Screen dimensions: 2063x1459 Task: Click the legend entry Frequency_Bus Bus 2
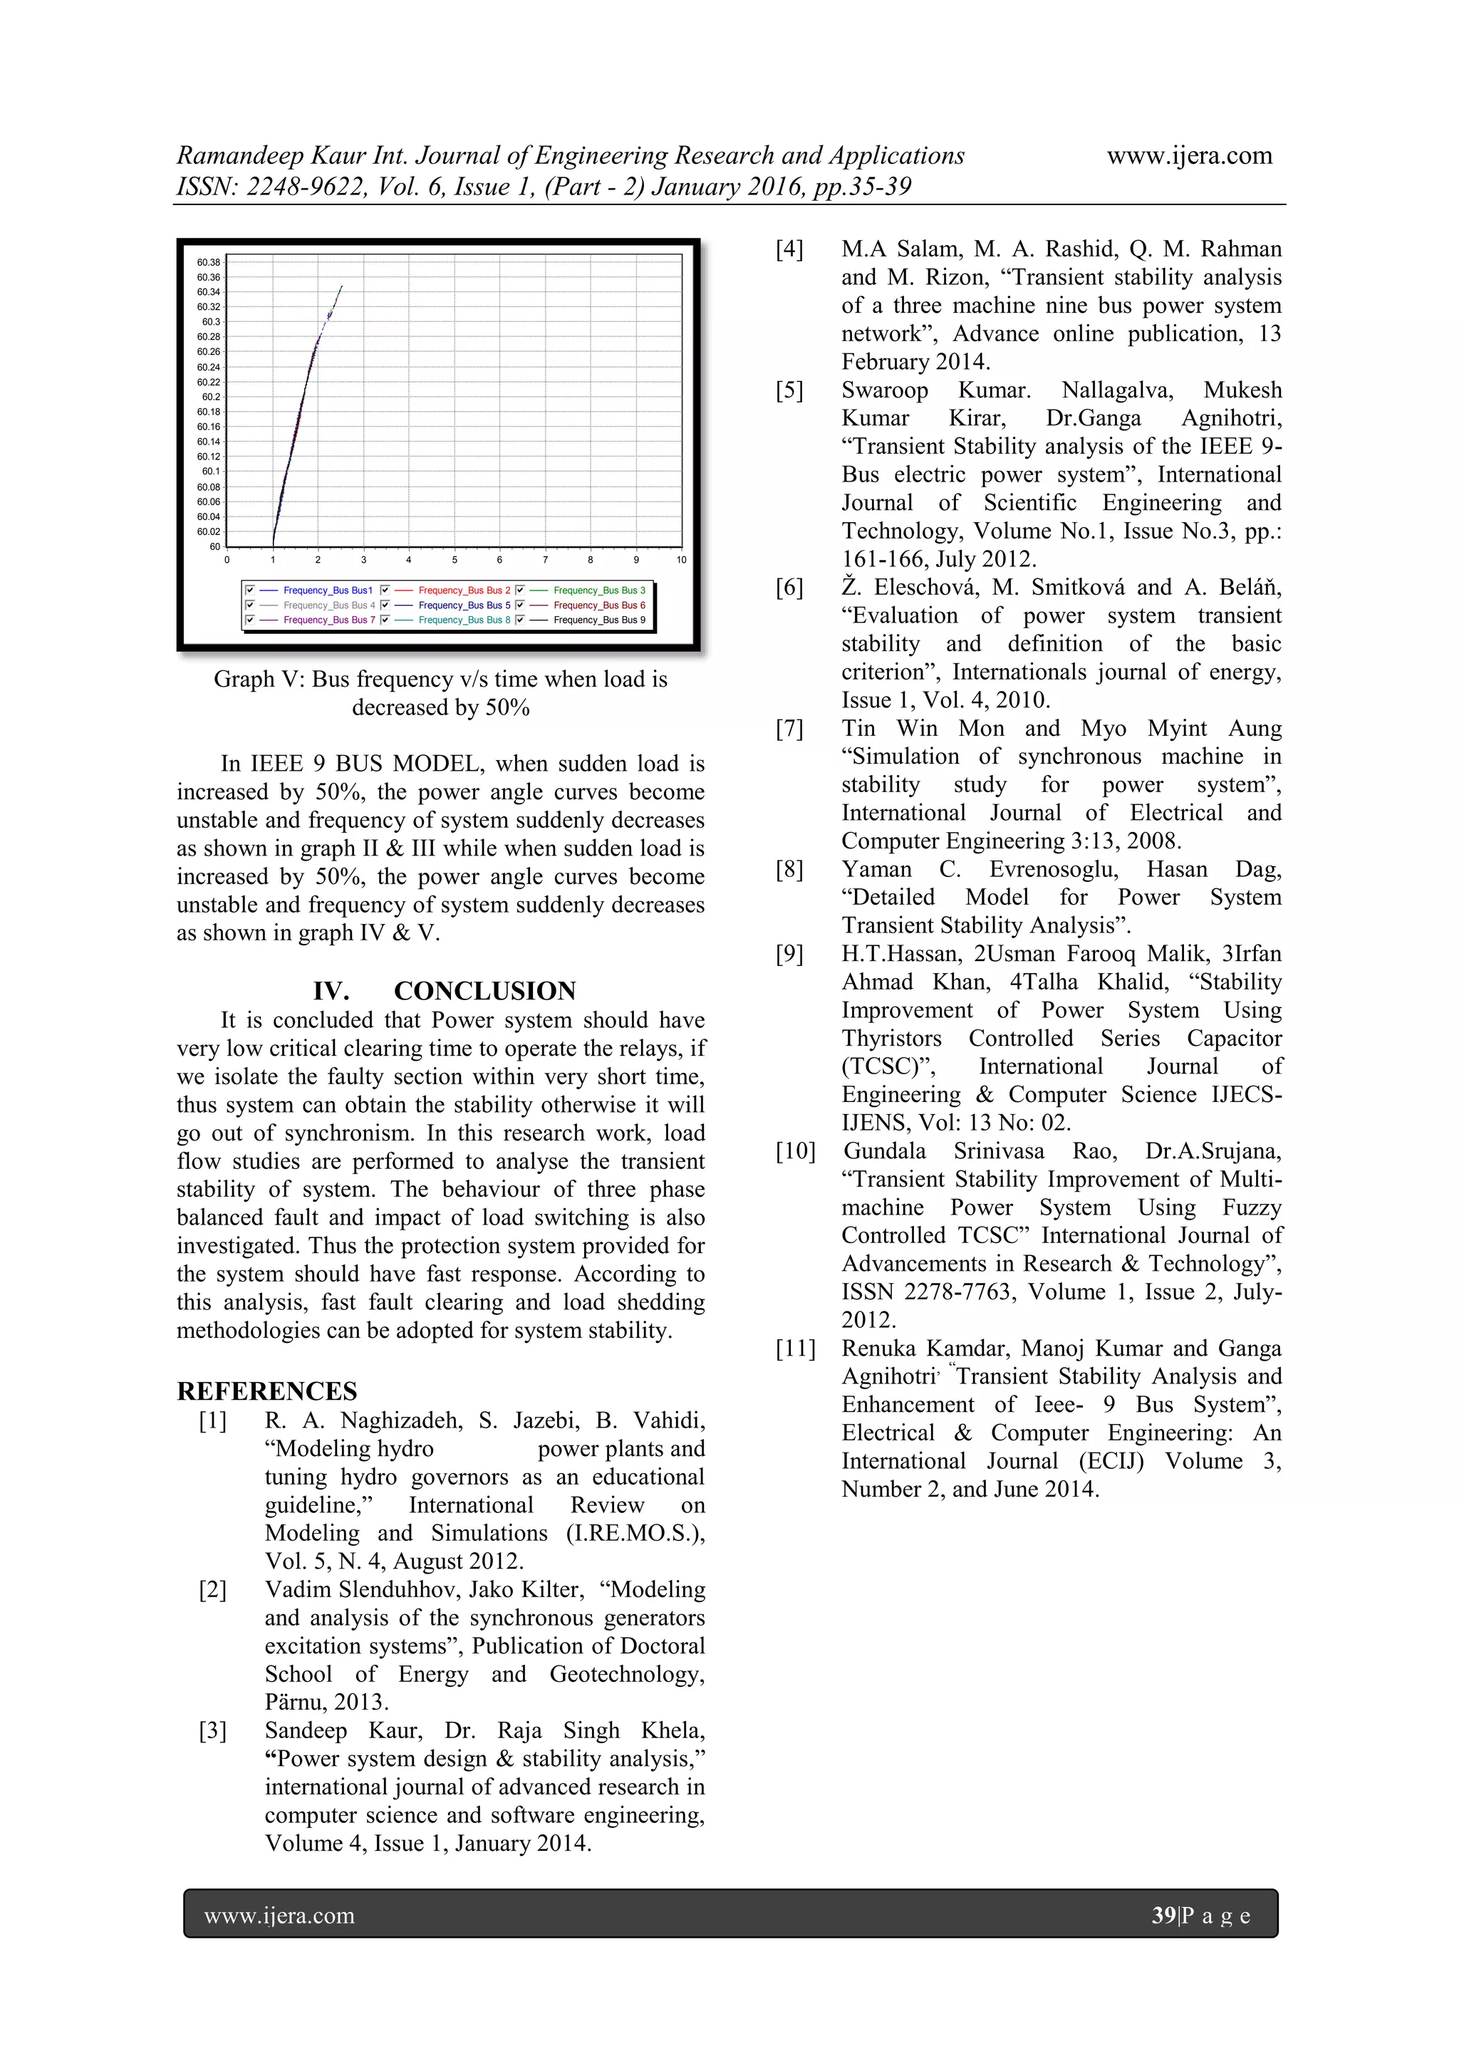click(x=464, y=591)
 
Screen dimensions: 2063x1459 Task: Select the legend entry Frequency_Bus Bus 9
click(x=598, y=620)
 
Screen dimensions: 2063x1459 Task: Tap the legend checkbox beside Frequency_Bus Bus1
click(x=250, y=591)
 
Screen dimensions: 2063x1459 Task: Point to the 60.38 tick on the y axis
click(x=209, y=262)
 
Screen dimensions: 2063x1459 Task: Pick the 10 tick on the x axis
click(x=681, y=560)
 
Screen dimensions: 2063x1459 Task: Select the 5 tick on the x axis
click(x=455, y=560)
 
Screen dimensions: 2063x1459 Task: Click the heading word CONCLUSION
click(x=484, y=991)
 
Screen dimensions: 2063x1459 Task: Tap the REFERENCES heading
click(x=267, y=1392)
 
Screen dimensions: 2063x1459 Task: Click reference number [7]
click(x=789, y=729)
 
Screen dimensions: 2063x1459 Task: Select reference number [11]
click(x=795, y=1349)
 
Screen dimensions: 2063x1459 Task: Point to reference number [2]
click(x=213, y=1589)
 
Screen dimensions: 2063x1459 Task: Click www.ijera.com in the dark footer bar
click(x=279, y=1916)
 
